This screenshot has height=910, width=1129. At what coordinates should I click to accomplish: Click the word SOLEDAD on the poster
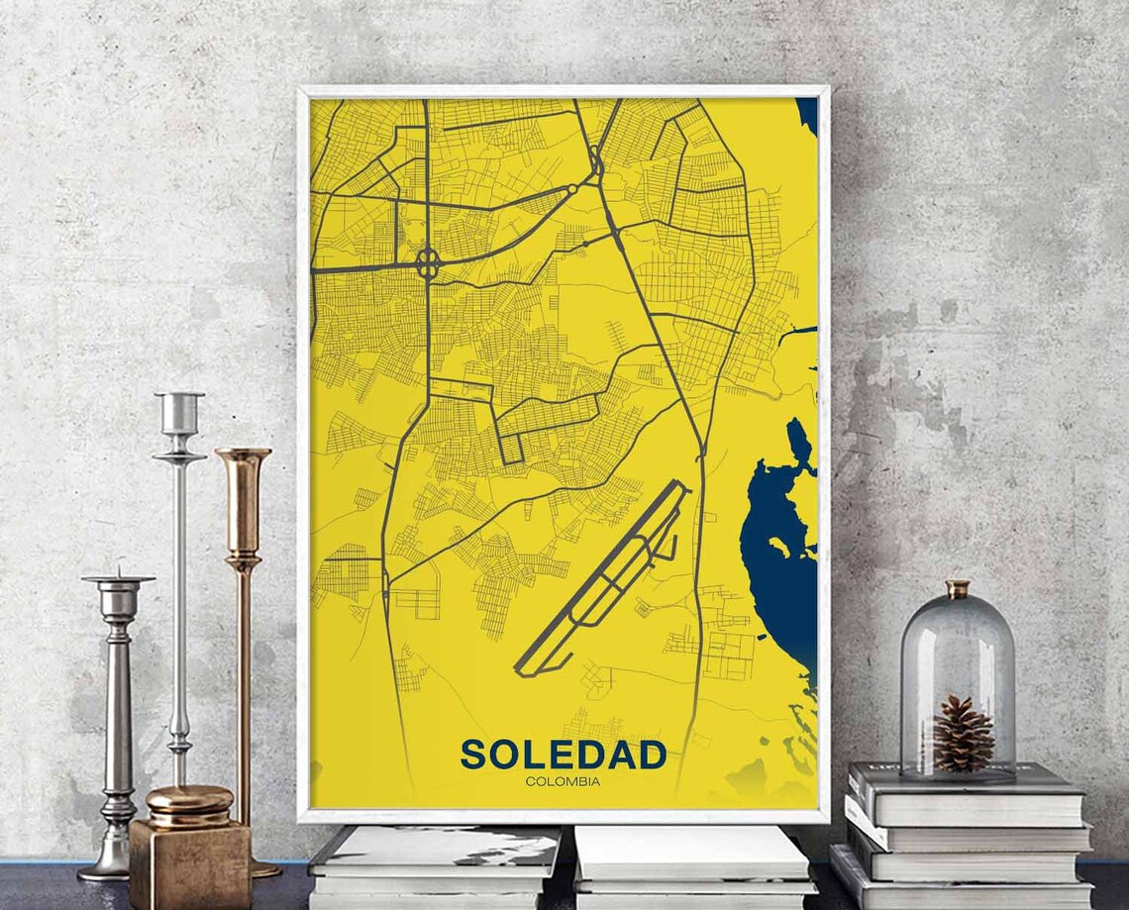563,755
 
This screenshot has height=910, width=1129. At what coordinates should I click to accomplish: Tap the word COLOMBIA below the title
563,781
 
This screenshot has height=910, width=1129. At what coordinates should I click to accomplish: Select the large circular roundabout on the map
428,263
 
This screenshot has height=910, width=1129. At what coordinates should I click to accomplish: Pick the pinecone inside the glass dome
962,734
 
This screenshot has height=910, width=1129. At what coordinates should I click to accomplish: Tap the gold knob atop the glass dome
957,589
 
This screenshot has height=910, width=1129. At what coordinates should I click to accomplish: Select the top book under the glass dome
966,792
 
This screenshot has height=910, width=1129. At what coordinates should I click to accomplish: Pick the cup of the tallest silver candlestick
179,411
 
